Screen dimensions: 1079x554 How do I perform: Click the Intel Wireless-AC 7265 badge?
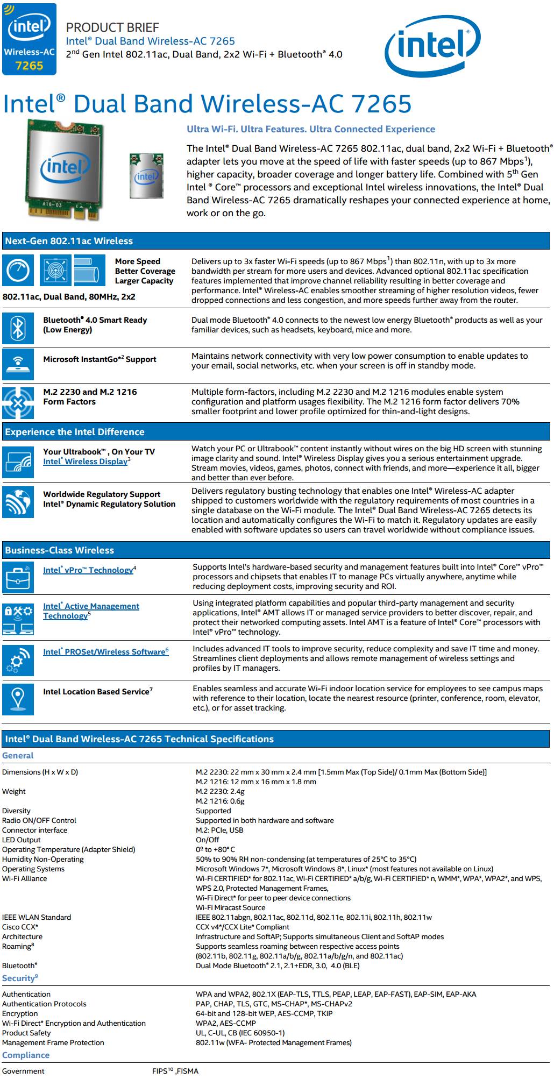point(29,39)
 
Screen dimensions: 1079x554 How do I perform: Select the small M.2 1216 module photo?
point(146,175)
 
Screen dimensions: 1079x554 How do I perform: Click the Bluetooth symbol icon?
point(18,328)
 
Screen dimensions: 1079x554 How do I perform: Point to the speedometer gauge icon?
point(18,271)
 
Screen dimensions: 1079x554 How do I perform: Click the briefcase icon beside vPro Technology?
point(18,578)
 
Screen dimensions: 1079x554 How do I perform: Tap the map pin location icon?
point(18,699)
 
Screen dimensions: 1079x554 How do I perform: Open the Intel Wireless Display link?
point(86,462)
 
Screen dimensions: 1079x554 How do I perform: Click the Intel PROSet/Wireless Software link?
point(105,651)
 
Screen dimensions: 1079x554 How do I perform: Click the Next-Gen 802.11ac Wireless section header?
point(69,241)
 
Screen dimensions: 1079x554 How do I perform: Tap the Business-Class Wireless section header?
point(59,550)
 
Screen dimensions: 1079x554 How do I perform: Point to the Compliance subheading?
point(25,1055)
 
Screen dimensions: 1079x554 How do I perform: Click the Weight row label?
point(14,791)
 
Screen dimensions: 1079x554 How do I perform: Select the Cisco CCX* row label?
point(20,927)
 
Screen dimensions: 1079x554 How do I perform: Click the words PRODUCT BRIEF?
point(112,27)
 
